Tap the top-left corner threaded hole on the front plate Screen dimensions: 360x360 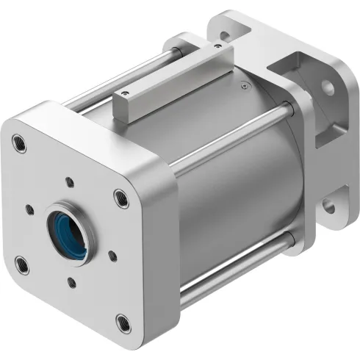point(20,143)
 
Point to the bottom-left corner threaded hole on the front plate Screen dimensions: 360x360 point(22,264)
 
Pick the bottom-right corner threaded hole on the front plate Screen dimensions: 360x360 point(122,320)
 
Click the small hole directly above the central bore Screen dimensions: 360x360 point(69,181)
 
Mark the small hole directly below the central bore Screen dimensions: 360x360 point(72,281)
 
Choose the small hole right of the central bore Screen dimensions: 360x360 point(112,256)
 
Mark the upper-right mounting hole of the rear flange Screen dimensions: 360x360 point(328,87)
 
